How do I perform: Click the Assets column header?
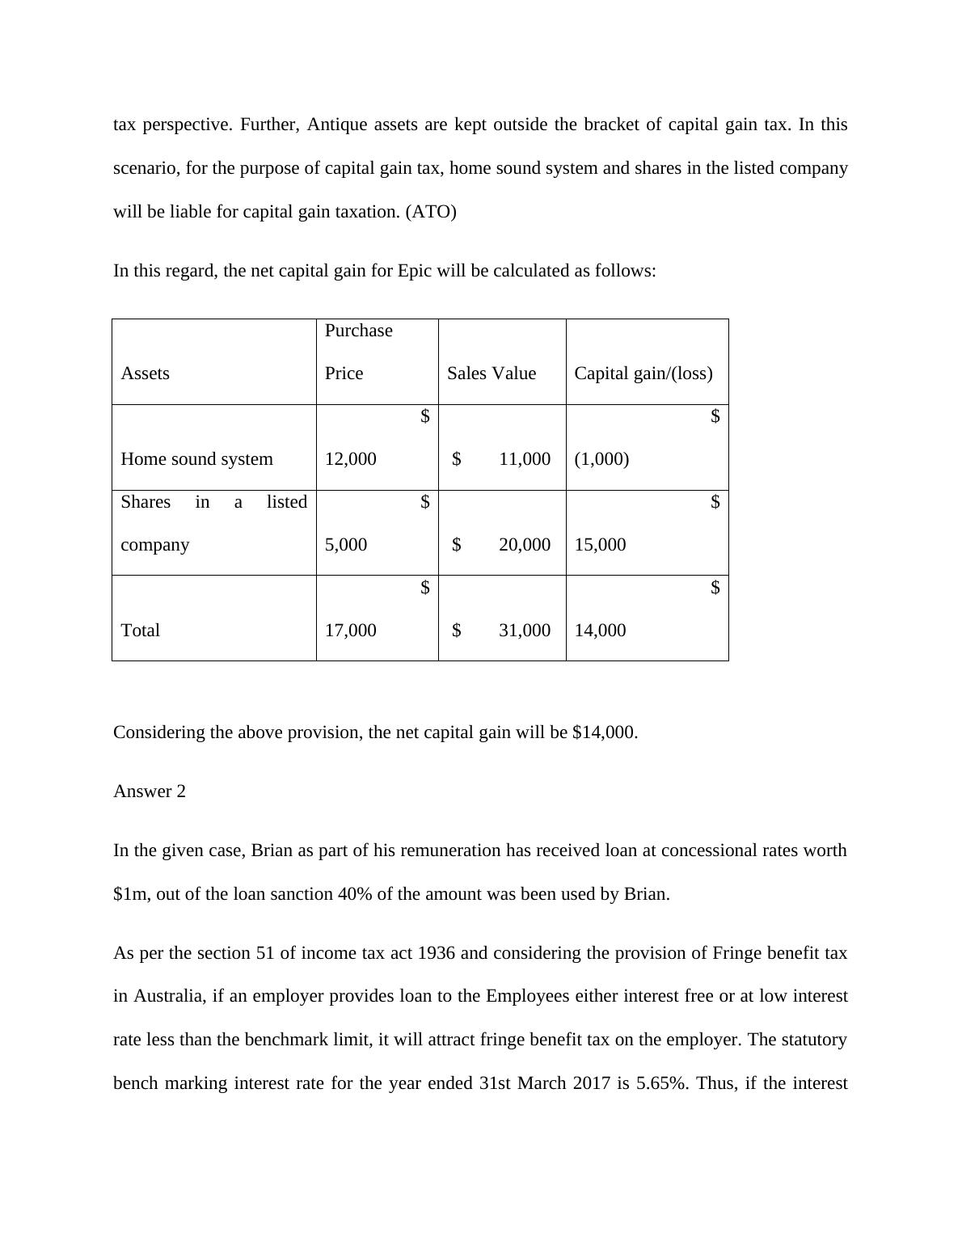pyautogui.click(x=145, y=373)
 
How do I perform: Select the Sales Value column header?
pyautogui.click(x=492, y=373)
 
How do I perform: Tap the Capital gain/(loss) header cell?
pyautogui.click(x=643, y=373)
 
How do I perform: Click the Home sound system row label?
pyautogui.click(x=196, y=459)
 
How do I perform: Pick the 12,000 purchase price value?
pyautogui.click(x=350, y=459)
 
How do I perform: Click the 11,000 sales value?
pyautogui.click(x=525, y=459)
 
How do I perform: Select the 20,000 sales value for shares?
pyautogui.click(x=525, y=545)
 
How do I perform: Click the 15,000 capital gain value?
pyautogui.click(x=600, y=545)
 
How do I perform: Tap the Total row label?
pyautogui.click(x=140, y=631)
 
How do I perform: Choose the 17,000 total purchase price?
pyautogui.click(x=350, y=631)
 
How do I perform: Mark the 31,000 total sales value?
pyautogui.click(x=525, y=631)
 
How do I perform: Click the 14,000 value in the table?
pyautogui.click(x=600, y=631)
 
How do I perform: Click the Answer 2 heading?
pyautogui.click(x=150, y=791)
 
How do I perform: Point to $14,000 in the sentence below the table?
pyautogui.click(x=604, y=732)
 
